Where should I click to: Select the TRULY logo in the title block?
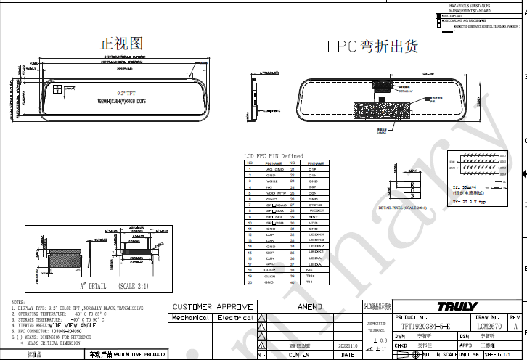click(456, 307)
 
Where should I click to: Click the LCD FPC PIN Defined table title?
click(273, 156)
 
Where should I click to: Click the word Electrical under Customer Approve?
click(235, 318)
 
